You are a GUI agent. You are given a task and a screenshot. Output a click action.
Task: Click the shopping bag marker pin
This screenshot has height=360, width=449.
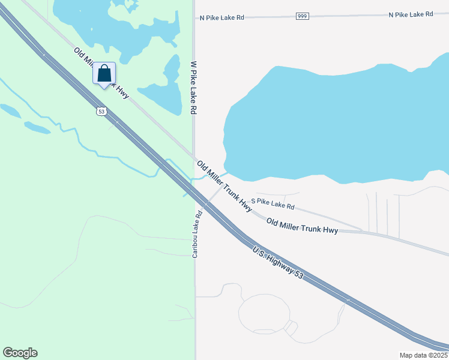(104, 74)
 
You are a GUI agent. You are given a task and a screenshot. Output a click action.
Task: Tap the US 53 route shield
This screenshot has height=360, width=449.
(100, 111)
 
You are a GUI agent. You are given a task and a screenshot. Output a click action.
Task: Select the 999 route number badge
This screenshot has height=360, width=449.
(302, 16)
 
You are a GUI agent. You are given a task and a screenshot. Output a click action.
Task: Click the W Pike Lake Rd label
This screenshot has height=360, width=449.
(193, 88)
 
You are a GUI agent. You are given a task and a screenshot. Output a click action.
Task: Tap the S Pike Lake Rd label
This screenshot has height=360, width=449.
(273, 203)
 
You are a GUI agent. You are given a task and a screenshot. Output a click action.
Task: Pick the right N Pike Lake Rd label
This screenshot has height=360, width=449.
(411, 14)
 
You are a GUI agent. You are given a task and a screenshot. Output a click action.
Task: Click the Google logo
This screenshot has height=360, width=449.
(20, 353)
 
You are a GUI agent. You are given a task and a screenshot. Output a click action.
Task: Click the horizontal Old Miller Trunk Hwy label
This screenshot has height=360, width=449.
(302, 226)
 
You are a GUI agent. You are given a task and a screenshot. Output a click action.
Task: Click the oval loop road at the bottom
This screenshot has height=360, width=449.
(264, 313)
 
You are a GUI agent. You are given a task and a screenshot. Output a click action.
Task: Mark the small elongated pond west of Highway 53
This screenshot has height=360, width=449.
(37, 128)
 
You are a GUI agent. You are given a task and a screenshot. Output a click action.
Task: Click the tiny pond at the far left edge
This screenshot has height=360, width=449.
(10, 110)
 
